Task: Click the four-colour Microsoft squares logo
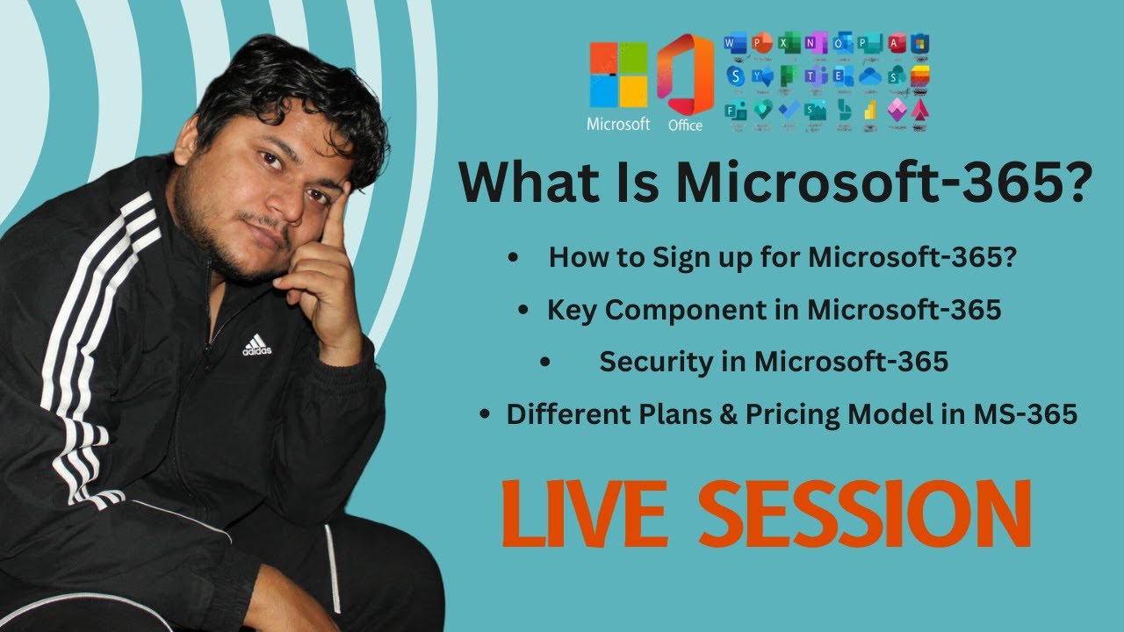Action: tap(618, 75)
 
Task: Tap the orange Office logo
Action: tap(685, 75)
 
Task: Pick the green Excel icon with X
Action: tap(790, 42)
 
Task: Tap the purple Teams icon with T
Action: tap(816, 76)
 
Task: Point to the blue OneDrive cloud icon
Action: tap(869, 76)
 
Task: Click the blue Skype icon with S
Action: tap(735, 76)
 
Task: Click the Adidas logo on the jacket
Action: tap(257, 345)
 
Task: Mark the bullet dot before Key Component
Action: tap(524, 311)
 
